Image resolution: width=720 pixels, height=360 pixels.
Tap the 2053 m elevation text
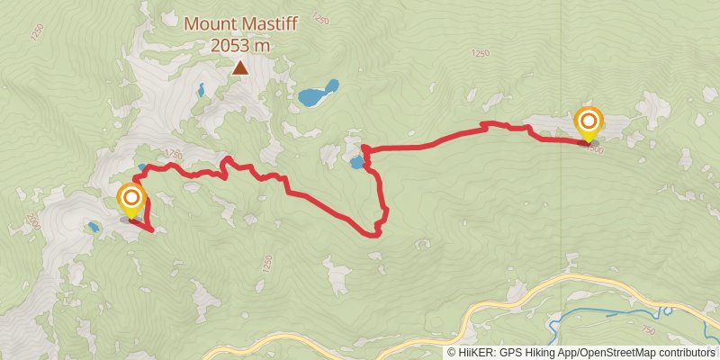240,44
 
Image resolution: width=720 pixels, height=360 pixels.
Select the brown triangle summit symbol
240,67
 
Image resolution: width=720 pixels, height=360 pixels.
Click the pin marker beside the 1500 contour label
589,124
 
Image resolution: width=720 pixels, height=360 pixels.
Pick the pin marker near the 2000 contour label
131,200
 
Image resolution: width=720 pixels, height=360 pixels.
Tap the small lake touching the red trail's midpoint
357,163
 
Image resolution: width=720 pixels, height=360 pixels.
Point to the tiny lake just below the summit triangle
201,89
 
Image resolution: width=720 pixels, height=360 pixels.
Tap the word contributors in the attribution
688,353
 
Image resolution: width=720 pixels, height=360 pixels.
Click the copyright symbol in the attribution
451,353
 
